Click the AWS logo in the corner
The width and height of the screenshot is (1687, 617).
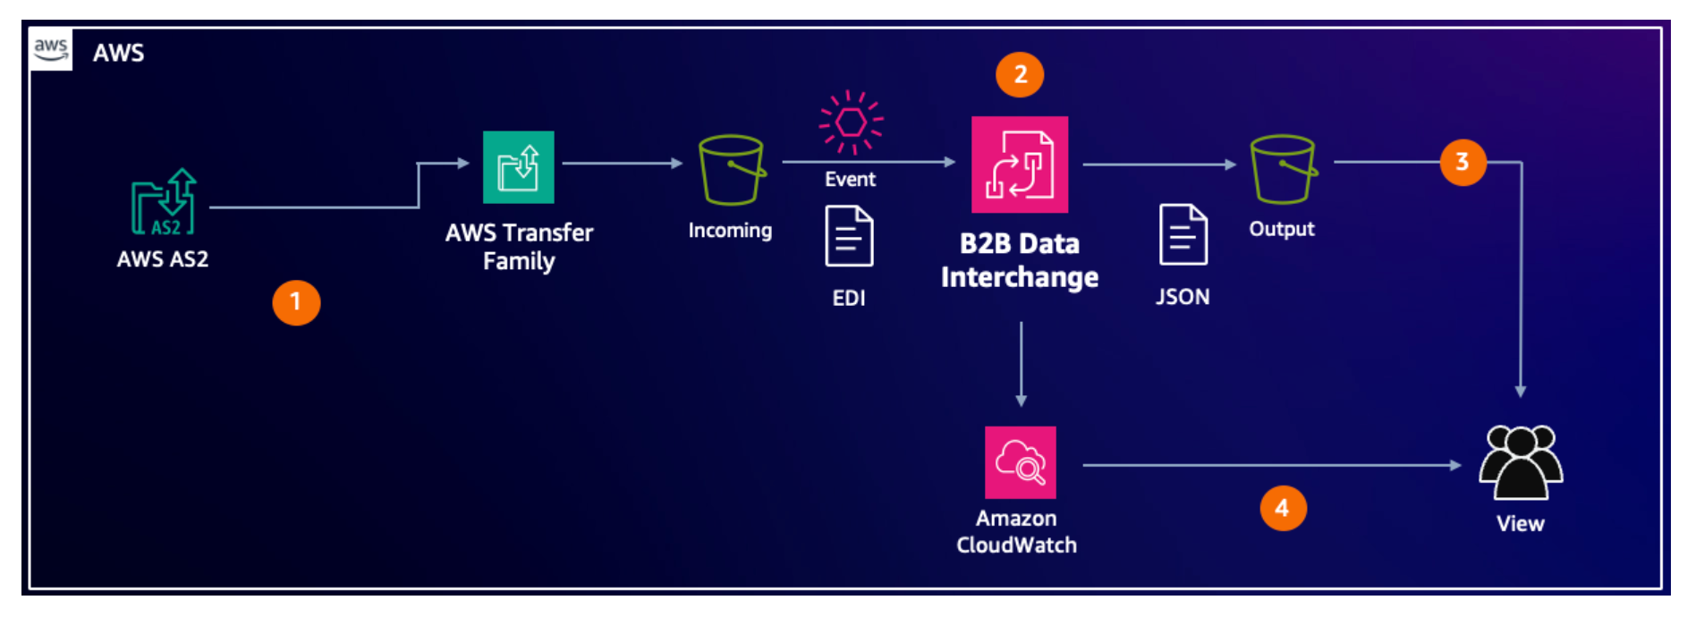tap(51, 49)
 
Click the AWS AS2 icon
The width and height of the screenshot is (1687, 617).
tap(164, 202)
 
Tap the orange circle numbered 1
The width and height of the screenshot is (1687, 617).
tap(296, 302)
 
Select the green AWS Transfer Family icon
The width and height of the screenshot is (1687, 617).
tap(518, 167)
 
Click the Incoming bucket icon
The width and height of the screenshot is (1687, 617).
tap(732, 170)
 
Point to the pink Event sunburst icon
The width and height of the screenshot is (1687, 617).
tap(851, 123)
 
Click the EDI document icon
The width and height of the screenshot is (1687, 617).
tap(848, 236)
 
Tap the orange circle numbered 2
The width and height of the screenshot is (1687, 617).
tap(1020, 74)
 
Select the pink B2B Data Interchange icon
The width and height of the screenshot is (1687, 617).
tap(1020, 165)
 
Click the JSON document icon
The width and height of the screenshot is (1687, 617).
tap(1183, 234)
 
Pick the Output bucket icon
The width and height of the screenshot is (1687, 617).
tap(1283, 169)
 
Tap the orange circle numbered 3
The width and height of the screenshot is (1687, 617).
tap(1462, 162)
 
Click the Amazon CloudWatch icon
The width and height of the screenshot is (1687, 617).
tap(1020, 461)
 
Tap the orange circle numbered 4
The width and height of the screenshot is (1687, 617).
tap(1283, 508)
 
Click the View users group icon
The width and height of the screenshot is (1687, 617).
tap(1521, 461)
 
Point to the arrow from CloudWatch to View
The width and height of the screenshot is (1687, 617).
tap(1270, 465)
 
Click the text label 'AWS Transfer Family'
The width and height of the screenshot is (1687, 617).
tap(519, 247)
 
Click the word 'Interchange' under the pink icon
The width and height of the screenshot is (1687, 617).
tap(1020, 277)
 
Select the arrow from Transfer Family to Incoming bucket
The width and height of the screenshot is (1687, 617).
tap(622, 163)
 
